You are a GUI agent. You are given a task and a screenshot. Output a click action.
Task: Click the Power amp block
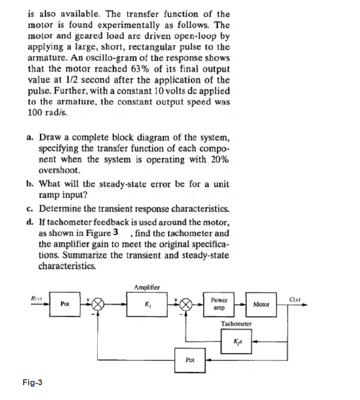click(x=218, y=304)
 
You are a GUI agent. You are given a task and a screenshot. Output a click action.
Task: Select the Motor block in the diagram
click(x=260, y=304)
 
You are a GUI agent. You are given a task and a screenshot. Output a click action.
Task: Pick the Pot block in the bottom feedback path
click(x=190, y=360)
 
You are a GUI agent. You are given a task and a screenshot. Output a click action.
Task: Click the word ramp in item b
click(x=48, y=194)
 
